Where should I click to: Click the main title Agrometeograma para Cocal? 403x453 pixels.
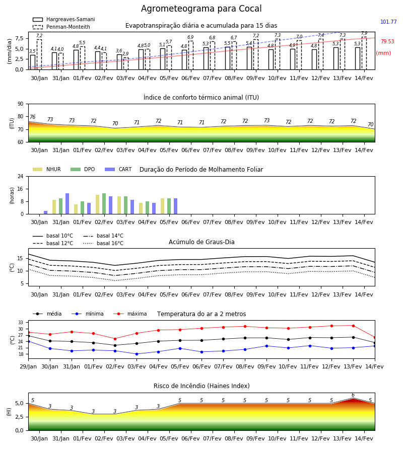click(201, 9)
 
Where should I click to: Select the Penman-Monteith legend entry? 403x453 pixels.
click(61, 27)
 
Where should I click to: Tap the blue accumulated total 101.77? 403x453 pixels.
click(388, 22)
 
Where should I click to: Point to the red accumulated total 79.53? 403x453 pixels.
click(387, 41)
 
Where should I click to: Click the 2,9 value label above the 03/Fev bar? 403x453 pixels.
click(125, 54)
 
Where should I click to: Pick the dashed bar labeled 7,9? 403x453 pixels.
click(364, 53)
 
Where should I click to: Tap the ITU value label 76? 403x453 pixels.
click(32, 117)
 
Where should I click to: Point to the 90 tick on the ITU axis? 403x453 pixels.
click(21, 104)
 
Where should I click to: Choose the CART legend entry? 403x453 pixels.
click(118, 169)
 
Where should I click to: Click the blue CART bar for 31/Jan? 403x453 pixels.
click(68, 204)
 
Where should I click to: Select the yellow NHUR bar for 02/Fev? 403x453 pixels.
click(97, 204)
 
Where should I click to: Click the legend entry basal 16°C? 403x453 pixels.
click(103, 243)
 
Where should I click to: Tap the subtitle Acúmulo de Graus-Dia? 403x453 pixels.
click(201, 242)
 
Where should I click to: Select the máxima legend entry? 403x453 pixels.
click(130, 314)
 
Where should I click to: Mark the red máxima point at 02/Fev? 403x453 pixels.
click(115, 339)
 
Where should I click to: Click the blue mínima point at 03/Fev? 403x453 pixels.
click(137, 354)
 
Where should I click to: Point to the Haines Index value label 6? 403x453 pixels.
click(353, 395)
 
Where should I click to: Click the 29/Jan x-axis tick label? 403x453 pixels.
click(28, 366)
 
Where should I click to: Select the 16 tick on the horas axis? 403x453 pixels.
click(21, 189)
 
